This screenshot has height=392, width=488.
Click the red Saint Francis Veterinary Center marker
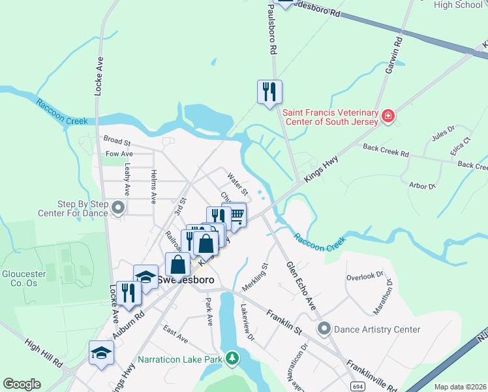(x=388, y=116)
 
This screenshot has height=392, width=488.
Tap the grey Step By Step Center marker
(x=118, y=208)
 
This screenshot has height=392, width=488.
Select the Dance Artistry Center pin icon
(x=324, y=329)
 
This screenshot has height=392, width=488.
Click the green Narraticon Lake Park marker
(x=231, y=358)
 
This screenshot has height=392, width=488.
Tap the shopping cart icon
(x=235, y=214)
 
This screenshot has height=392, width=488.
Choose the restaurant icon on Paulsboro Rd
(x=269, y=91)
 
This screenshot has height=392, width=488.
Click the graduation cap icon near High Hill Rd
(x=101, y=353)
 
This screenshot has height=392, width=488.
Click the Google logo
(x=22, y=384)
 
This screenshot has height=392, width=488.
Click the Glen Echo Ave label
(x=301, y=287)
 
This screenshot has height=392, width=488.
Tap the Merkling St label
(x=255, y=277)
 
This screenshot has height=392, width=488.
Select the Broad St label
(x=117, y=140)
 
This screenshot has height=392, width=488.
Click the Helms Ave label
(x=153, y=187)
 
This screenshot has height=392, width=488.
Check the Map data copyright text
(x=459, y=387)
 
